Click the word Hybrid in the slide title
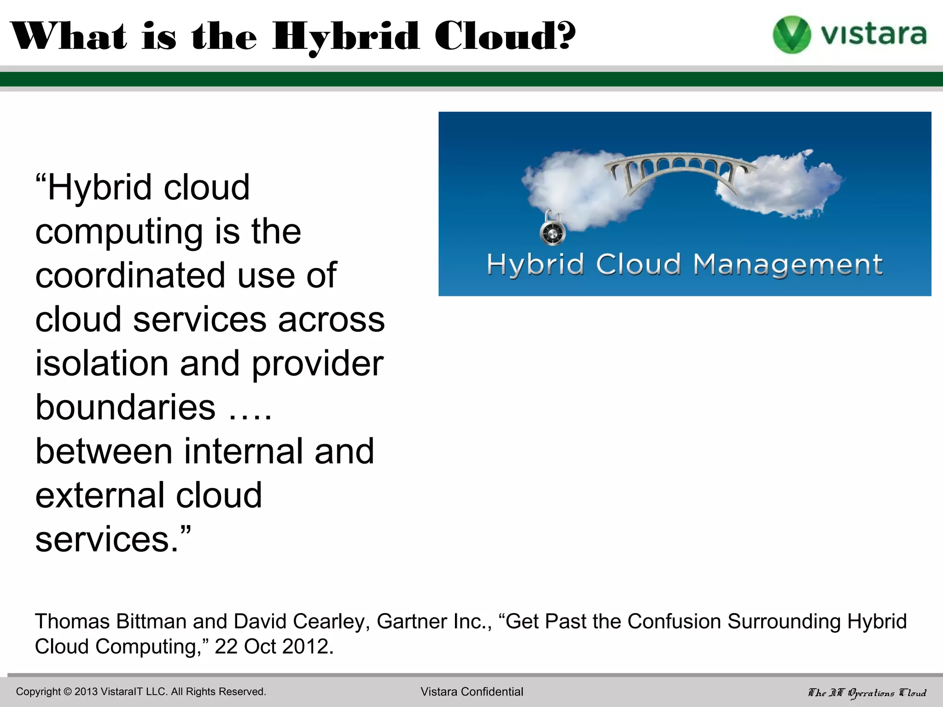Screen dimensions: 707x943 (x=345, y=37)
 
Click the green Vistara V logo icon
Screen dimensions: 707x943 (x=792, y=35)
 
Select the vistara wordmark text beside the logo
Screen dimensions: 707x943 (x=873, y=35)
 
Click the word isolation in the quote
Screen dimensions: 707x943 (x=102, y=363)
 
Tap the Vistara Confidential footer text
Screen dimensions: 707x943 (x=471, y=692)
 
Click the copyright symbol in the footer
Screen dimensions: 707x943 (x=68, y=692)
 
